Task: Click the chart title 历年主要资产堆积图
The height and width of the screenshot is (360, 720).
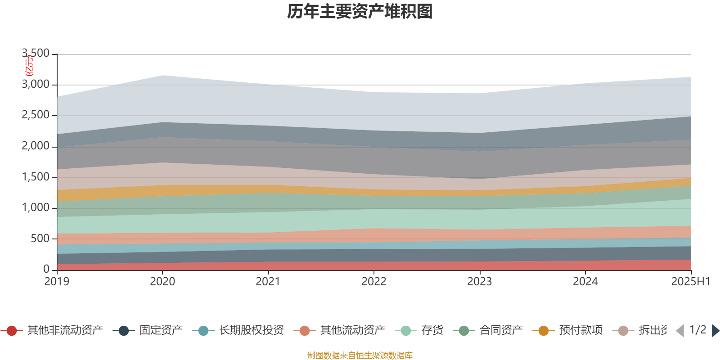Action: (x=360, y=12)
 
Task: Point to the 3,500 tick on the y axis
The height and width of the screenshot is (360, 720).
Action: (x=36, y=54)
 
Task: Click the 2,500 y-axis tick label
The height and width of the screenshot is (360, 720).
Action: (x=36, y=115)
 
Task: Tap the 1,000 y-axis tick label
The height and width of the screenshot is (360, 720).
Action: (x=36, y=208)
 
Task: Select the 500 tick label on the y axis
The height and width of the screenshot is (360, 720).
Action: (x=40, y=238)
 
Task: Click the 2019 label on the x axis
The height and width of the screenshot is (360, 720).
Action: (x=57, y=282)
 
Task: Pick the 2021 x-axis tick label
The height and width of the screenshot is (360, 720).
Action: (x=268, y=282)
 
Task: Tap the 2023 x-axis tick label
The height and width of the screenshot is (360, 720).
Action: (x=479, y=282)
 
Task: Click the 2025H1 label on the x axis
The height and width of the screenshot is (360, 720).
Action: (x=690, y=282)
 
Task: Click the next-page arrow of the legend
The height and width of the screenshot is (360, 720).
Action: (x=715, y=331)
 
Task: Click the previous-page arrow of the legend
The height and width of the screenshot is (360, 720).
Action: (x=680, y=331)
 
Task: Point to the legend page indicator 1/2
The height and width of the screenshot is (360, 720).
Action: (x=697, y=330)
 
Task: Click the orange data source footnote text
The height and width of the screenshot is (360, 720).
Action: (x=360, y=355)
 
